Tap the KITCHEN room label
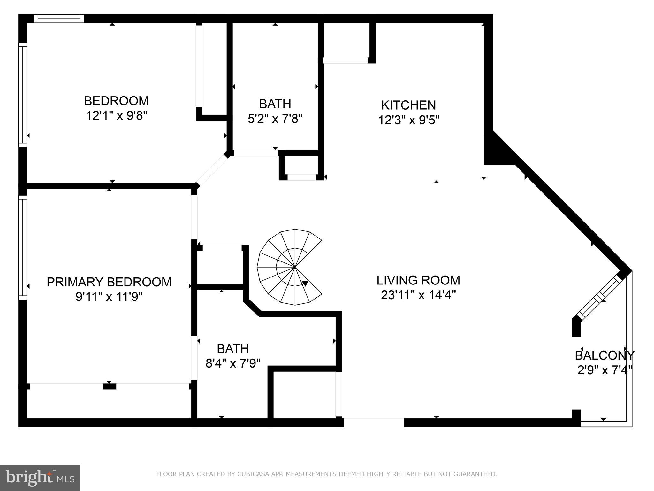coord(408,105)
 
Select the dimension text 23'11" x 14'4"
coord(418,295)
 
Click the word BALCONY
coord(605,355)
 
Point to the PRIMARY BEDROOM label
coord(109,282)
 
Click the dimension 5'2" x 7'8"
coord(275,119)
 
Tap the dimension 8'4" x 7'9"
coord(233,363)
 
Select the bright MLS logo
coord(40,478)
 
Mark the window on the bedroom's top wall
coord(59,19)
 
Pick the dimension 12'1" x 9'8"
coord(116,115)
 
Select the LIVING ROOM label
coord(418,280)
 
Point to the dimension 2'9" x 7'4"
coord(605,370)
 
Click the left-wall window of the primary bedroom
coord(23,247)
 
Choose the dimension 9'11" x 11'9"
coord(109,297)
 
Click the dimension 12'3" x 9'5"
coord(409,120)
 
